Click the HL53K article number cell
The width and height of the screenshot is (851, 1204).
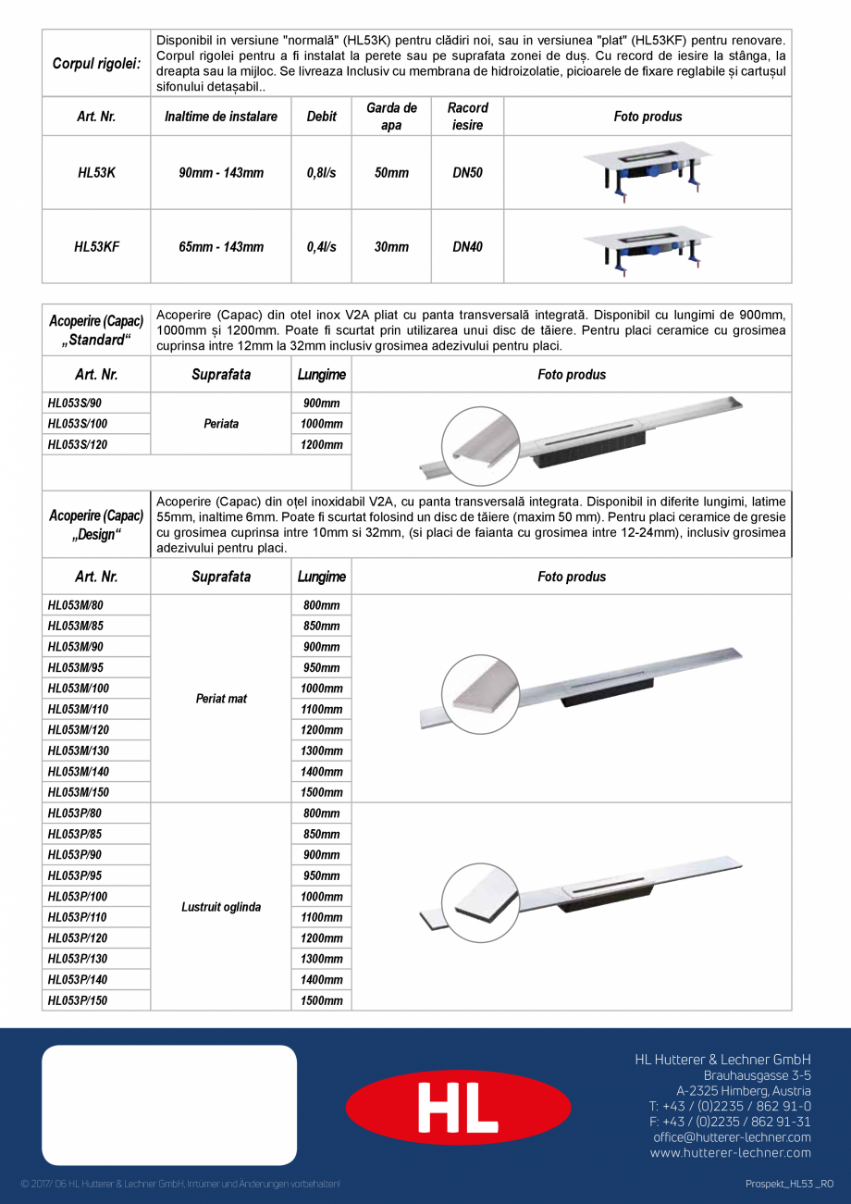pyautogui.click(x=96, y=173)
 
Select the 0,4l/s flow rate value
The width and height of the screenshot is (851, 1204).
pyautogui.click(x=321, y=247)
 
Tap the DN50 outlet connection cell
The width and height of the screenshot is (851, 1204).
pyautogui.click(x=467, y=173)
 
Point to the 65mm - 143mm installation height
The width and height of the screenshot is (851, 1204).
pyautogui.click(x=221, y=247)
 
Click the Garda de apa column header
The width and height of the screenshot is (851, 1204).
pyautogui.click(x=391, y=117)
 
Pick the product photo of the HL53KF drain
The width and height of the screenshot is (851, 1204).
pyautogui.click(x=647, y=247)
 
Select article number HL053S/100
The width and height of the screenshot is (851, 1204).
pyautogui.click(x=79, y=424)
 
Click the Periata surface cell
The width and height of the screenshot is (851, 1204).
pyautogui.click(x=221, y=424)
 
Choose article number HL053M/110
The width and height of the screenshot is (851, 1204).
pyautogui.click(x=79, y=709)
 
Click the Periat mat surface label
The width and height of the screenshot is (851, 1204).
pyautogui.click(x=221, y=699)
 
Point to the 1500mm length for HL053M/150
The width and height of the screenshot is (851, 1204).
pyautogui.click(x=322, y=792)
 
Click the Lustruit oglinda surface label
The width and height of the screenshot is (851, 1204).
pyautogui.click(x=221, y=907)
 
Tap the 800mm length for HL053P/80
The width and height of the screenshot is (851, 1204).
pyautogui.click(x=322, y=813)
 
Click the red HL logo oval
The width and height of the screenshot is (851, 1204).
pyautogui.click(x=458, y=1107)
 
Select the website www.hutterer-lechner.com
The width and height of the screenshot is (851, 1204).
pyautogui.click(x=730, y=1153)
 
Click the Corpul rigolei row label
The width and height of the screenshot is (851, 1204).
pyautogui.click(x=96, y=64)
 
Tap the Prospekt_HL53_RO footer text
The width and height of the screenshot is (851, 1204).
pyautogui.click(x=789, y=1185)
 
